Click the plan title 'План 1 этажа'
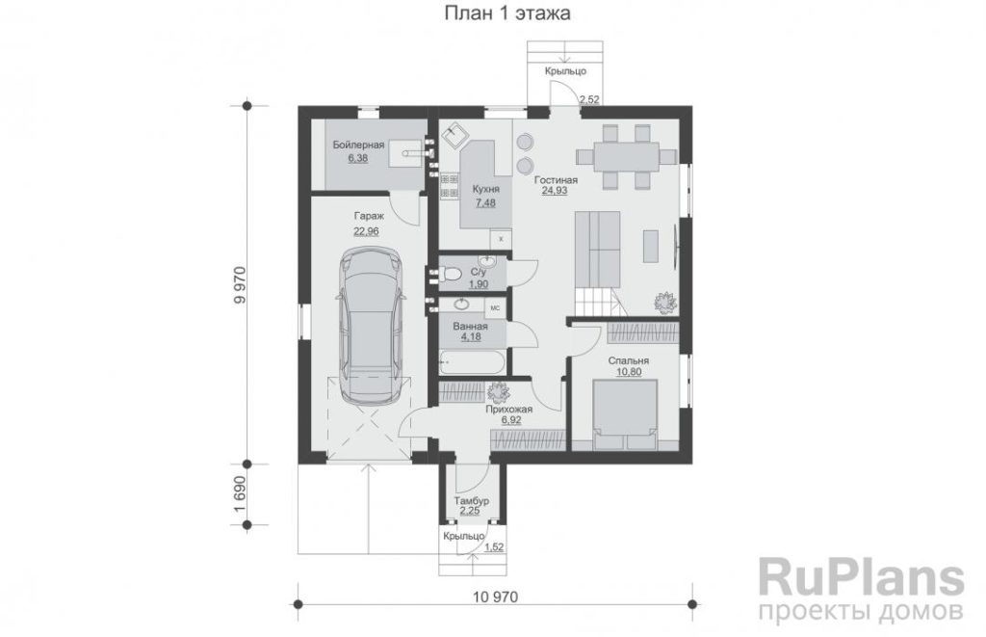coord(507,13)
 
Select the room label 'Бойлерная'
coord(358,146)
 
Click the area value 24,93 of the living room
coord(555,191)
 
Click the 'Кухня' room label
coord(486,190)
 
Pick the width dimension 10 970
coord(495,597)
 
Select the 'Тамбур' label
coord(471,501)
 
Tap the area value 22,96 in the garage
coord(366,231)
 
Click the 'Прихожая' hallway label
coord(508,410)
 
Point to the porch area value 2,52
coord(590,99)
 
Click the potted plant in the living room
coord(664,302)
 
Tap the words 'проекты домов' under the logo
coord(861,611)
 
